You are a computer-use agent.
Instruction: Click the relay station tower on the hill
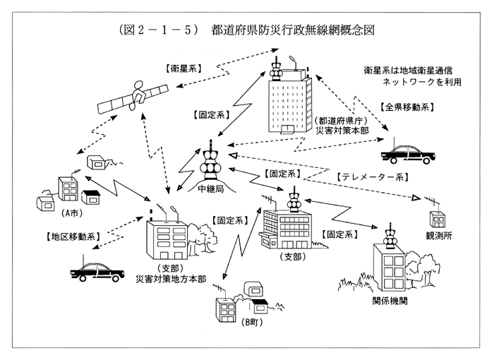[210, 166]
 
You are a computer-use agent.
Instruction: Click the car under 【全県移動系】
[409, 152]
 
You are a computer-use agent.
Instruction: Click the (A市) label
[70, 212]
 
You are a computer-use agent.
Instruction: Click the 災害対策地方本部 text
[171, 279]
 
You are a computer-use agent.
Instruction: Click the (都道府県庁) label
[339, 121]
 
